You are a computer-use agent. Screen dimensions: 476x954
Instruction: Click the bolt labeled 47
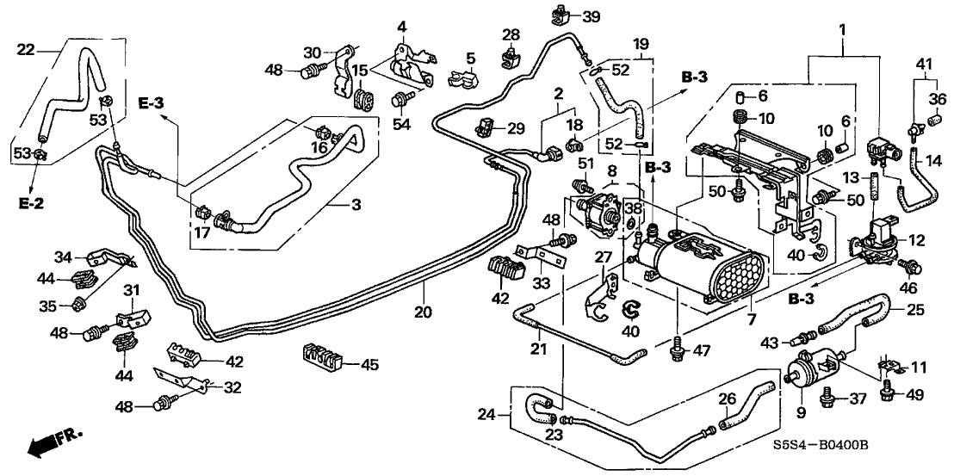coord(678,349)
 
